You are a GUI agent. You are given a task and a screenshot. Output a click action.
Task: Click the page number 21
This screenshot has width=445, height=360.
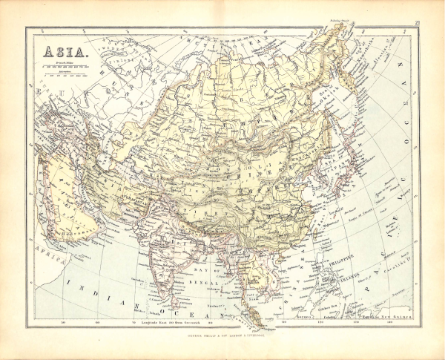419,24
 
